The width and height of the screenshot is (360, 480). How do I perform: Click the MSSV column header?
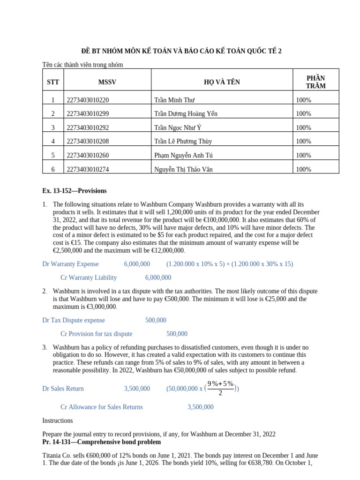(x=107, y=82)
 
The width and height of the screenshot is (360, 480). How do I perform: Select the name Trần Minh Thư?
(x=174, y=100)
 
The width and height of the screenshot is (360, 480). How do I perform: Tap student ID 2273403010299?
(x=91, y=114)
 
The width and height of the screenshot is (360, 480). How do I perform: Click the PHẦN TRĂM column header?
(x=315, y=82)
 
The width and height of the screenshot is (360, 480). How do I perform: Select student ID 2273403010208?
(x=91, y=141)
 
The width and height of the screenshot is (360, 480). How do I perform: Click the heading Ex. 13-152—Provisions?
(x=74, y=191)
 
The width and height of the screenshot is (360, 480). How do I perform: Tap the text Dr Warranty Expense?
(x=70, y=264)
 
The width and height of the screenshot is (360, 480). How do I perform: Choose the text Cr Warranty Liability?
(x=89, y=277)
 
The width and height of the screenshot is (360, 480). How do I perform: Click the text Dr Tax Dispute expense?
(x=74, y=320)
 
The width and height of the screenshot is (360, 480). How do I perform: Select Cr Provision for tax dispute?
(x=97, y=334)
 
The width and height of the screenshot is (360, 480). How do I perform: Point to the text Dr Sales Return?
(x=63, y=389)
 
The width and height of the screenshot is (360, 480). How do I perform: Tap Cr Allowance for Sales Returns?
(x=102, y=407)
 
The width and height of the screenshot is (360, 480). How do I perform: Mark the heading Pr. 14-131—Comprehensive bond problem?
(x=101, y=442)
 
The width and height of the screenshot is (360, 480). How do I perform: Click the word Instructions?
(x=57, y=420)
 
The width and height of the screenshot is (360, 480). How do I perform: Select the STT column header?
(x=53, y=82)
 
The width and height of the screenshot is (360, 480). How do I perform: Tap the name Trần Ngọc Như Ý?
(x=178, y=127)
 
